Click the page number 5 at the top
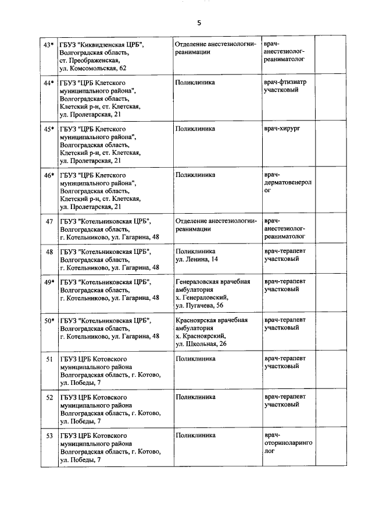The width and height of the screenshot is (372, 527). click(x=199, y=23)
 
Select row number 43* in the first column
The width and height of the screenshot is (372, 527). click(x=49, y=44)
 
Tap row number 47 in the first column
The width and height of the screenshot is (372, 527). click(x=49, y=222)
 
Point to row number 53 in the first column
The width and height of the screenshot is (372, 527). click(x=49, y=436)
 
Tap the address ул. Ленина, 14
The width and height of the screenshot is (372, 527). click(x=196, y=259)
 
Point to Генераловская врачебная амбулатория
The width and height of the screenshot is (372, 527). click(x=212, y=285)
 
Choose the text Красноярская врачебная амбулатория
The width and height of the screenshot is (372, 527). click(x=211, y=324)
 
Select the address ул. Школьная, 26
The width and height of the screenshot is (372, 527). click(x=201, y=344)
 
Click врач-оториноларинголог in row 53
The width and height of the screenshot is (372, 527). click(x=288, y=443)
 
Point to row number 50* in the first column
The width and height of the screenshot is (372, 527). click(x=49, y=320)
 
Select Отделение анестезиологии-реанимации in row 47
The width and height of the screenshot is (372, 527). click(x=215, y=225)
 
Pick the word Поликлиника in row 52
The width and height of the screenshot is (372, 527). click(x=195, y=397)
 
